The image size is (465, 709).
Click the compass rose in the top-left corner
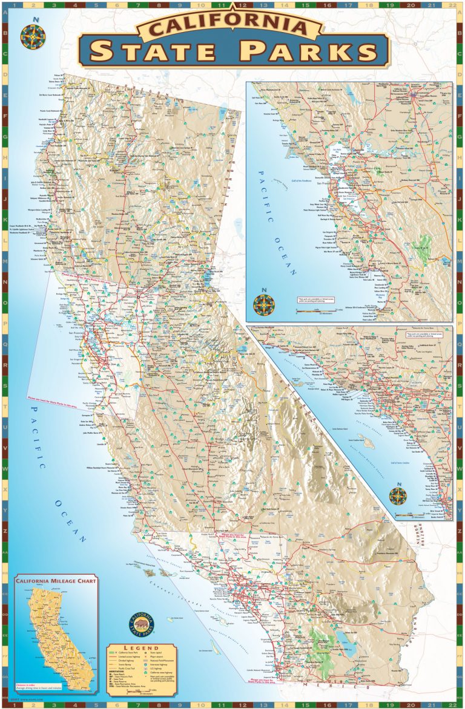(33, 36)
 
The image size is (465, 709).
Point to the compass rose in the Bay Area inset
(264, 304)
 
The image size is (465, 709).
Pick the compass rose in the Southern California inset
(398, 495)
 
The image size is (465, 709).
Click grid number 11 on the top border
(222, 5)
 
